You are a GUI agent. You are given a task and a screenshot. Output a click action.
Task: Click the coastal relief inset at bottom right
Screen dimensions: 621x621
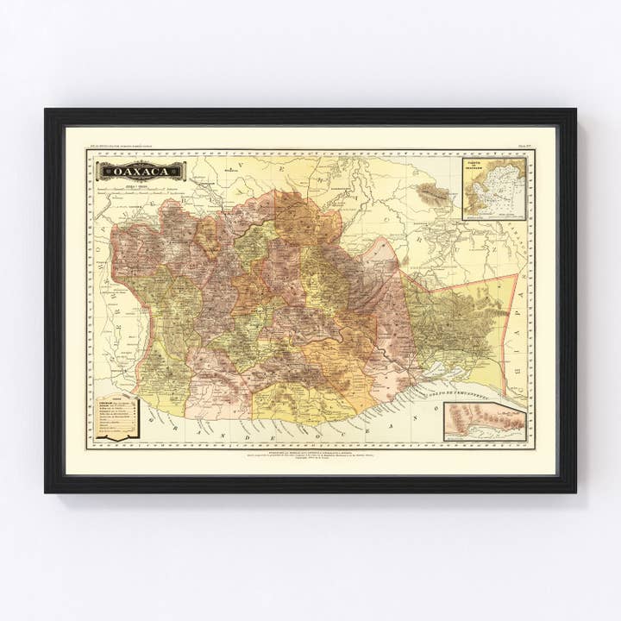click(485, 422)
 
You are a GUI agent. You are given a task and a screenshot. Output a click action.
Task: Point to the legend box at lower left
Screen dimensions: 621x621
click(116, 418)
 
